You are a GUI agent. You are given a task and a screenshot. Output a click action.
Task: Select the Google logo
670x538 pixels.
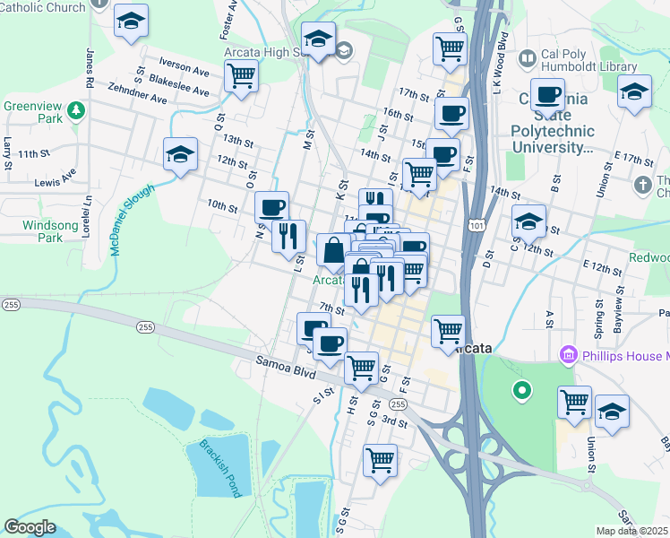[30, 527]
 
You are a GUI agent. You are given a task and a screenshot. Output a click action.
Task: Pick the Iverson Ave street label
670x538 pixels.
[184, 65]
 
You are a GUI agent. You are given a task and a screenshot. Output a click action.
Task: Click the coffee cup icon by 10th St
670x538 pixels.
[272, 207]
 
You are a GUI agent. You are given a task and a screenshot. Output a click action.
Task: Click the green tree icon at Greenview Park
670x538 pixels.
[77, 110]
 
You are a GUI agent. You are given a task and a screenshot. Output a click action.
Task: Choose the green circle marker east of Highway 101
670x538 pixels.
[520, 391]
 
